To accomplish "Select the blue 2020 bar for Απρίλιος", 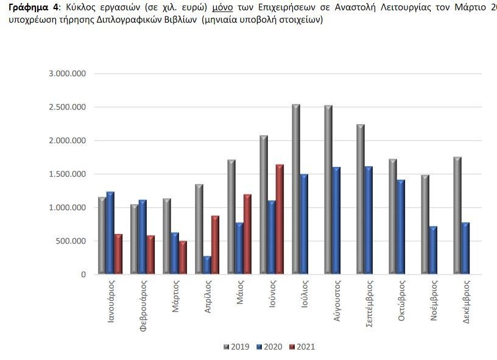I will [207, 266].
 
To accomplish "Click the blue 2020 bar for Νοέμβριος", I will [433, 250].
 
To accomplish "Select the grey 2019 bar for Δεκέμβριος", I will [457, 216].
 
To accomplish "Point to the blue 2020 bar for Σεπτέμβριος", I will [368, 221].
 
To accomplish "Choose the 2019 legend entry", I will [235, 347].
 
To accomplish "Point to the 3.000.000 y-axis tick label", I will [68, 74].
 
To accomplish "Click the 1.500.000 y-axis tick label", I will [68, 174].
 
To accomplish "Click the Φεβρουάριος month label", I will [143, 305].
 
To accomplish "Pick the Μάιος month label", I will [239, 291].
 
